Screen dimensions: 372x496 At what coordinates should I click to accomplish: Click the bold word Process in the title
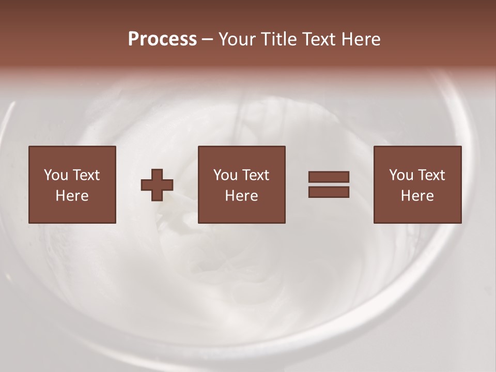point(162,39)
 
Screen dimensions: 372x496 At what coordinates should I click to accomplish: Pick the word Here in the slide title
point(362,39)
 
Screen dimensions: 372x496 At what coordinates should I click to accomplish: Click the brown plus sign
point(157,185)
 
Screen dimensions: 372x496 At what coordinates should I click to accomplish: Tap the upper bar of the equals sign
point(329,177)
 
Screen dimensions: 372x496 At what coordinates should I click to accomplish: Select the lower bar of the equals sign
point(329,192)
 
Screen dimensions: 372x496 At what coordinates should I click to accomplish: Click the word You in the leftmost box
point(55,175)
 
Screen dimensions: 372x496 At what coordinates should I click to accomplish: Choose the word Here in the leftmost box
point(72,196)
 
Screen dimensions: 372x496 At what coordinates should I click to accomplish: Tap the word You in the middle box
point(225,175)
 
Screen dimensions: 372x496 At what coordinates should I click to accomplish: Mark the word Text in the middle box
point(255,175)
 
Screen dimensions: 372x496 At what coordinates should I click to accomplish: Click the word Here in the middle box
point(241,196)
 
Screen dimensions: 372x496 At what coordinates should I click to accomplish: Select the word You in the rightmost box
point(401,175)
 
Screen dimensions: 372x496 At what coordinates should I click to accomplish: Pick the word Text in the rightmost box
point(431,175)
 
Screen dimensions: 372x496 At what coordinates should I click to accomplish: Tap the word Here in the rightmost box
point(417,196)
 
